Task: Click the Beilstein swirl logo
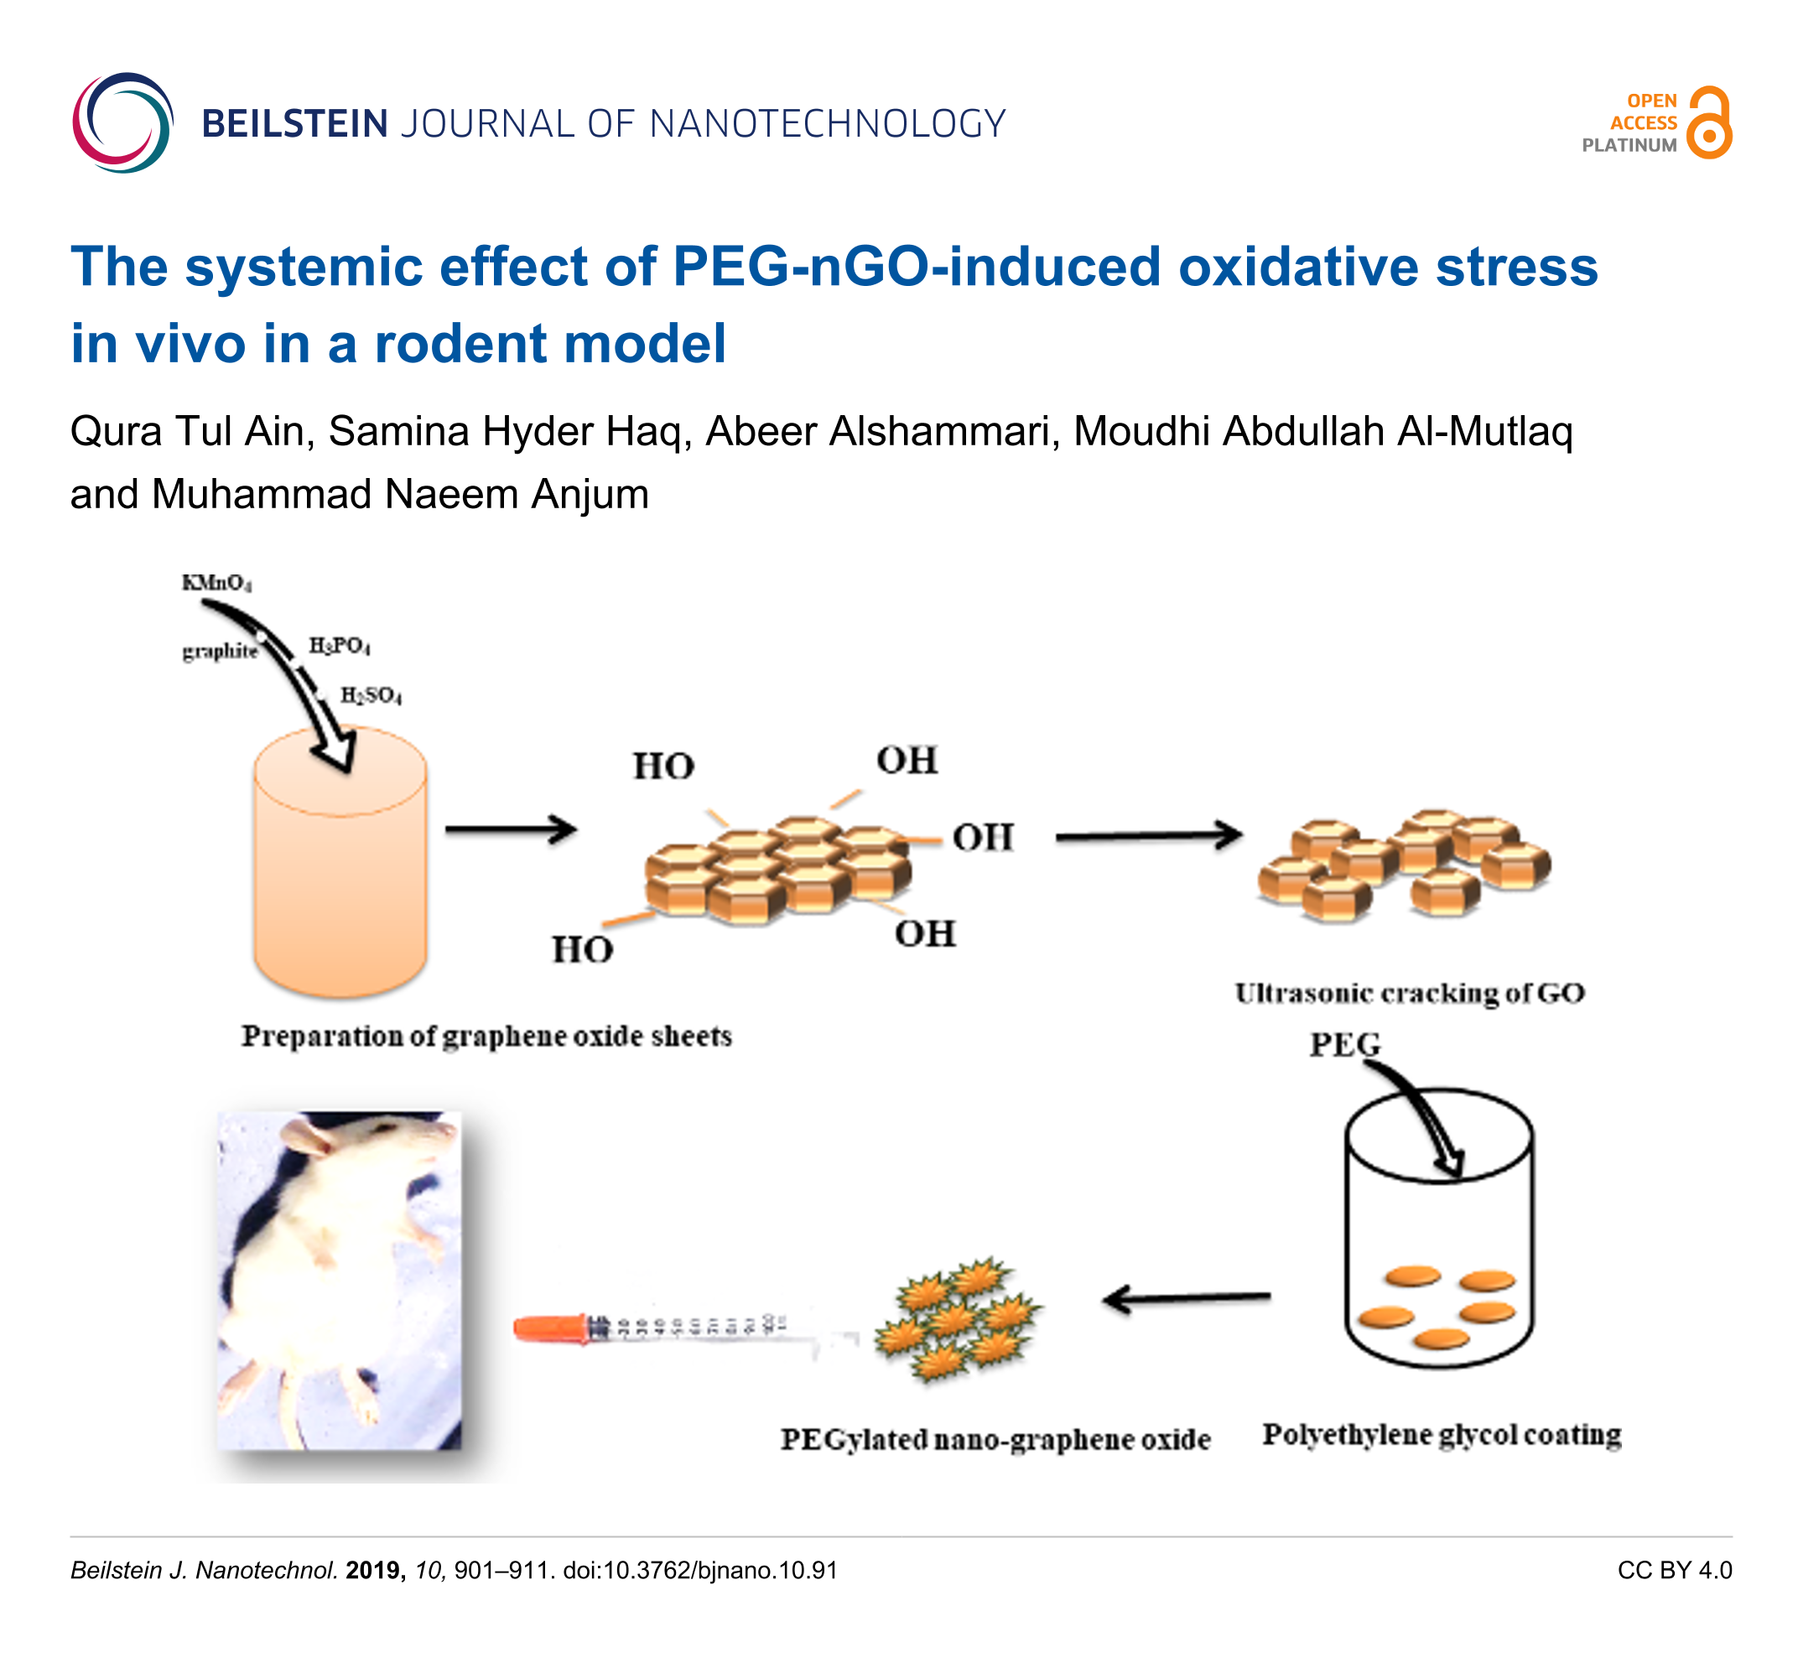point(122,122)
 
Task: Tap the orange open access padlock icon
point(1709,122)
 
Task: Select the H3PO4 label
point(339,646)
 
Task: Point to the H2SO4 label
point(371,694)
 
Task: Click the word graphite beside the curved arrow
point(220,651)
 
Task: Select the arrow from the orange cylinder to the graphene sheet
point(510,829)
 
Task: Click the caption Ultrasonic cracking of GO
point(1409,994)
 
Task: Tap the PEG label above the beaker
point(1344,1045)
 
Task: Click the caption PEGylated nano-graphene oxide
point(995,1439)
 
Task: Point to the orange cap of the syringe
point(548,1328)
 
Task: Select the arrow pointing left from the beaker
point(1187,1298)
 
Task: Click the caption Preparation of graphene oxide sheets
point(486,1037)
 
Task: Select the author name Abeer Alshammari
point(877,431)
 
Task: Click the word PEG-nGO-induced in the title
point(917,268)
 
